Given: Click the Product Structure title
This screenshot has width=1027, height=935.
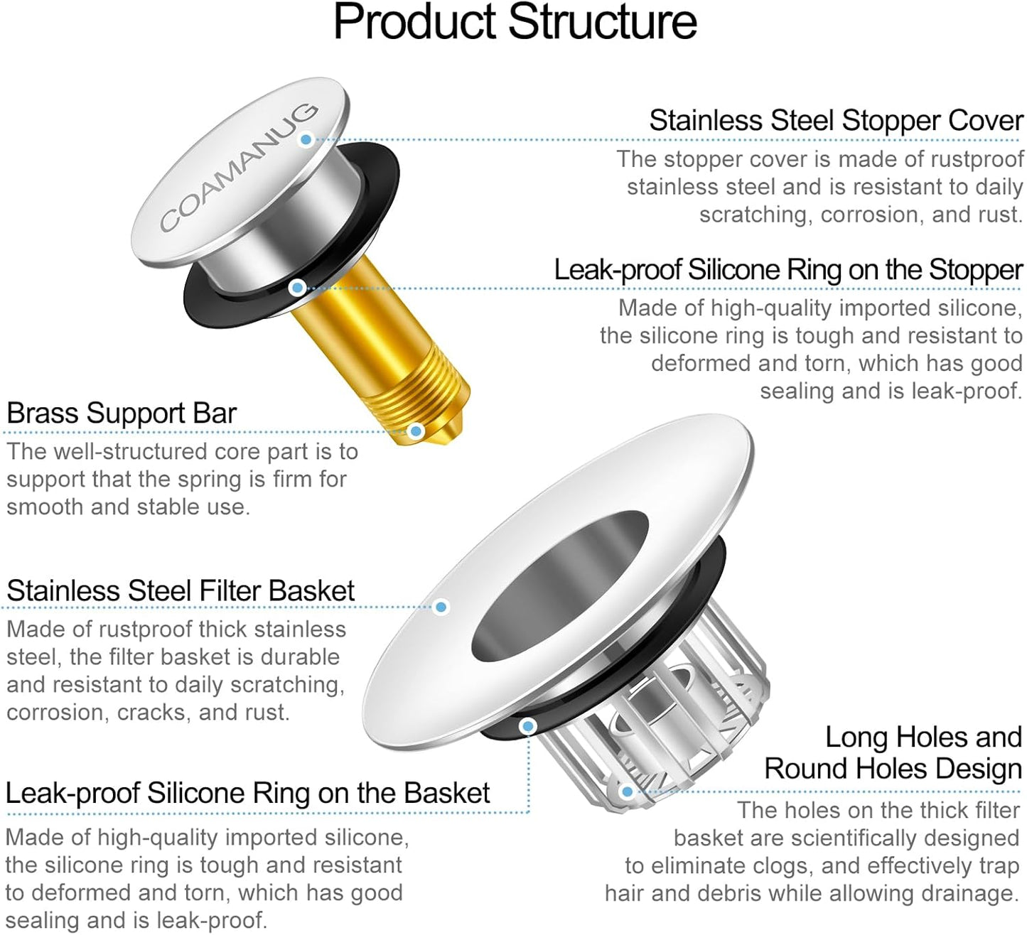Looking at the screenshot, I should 515,23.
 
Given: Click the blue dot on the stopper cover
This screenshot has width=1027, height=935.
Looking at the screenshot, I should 306,139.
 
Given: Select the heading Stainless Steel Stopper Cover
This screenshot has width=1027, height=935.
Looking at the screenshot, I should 835,121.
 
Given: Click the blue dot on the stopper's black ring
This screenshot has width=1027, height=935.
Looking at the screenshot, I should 298,288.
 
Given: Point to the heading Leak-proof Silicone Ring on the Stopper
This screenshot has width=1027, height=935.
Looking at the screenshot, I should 787,271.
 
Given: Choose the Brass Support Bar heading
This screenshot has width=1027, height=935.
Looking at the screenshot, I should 122,414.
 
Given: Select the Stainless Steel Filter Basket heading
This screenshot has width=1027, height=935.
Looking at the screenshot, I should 181,591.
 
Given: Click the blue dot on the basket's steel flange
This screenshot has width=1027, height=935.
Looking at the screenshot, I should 441,607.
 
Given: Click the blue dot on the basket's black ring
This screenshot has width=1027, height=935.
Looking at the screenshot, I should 527,726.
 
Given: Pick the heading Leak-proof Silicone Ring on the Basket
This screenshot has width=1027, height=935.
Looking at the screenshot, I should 247,794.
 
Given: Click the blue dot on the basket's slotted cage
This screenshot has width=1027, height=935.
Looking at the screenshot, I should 627,791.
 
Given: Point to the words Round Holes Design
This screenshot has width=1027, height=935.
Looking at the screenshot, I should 893,769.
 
